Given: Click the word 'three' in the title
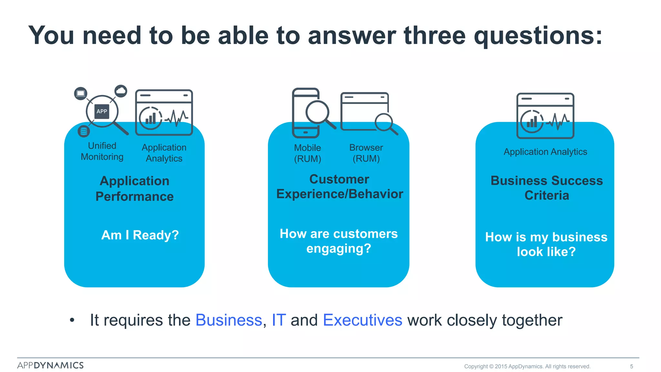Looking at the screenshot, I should tap(434, 36).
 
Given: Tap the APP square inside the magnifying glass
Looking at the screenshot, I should tap(102, 111).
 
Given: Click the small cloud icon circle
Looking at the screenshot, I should tap(121, 91).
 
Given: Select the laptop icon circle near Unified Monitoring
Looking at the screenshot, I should tap(81, 93).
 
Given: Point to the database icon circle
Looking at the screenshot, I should tap(84, 131).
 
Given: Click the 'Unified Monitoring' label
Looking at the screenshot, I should tap(102, 151).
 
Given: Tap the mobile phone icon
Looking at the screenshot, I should tap(306, 113).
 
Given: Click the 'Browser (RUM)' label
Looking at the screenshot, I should tap(366, 153).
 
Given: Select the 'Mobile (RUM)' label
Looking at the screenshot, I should tap(307, 153).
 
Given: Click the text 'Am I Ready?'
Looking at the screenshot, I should tap(140, 235).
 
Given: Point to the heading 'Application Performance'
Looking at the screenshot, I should tap(135, 189).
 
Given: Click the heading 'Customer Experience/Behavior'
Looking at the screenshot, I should tap(340, 187).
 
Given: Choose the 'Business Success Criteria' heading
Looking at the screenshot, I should tap(546, 188).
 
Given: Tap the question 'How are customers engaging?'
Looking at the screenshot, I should tap(339, 241).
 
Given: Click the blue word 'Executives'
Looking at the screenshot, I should tap(362, 320).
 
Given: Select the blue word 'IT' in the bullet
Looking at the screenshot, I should tap(279, 320).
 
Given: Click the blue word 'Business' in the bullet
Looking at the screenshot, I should tap(229, 320).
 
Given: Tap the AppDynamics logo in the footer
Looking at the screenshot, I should tap(50, 365).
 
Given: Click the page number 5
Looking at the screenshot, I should tap(631, 367).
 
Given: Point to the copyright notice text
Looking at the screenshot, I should tap(527, 367).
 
